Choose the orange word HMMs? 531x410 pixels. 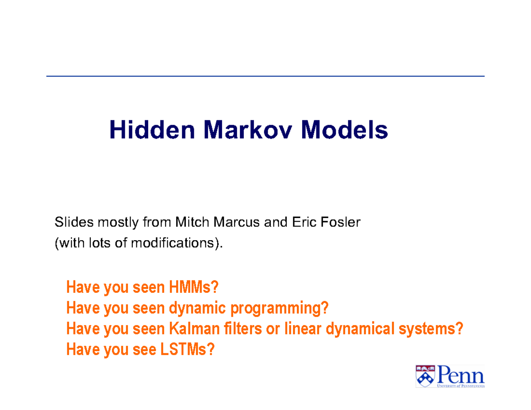[193, 287]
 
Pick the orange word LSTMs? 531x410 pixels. [186, 349]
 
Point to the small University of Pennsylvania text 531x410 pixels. [461, 386]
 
